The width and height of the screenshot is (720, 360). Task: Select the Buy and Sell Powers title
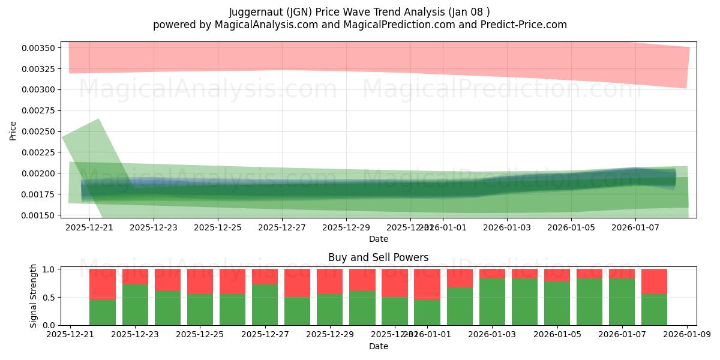(x=378, y=257)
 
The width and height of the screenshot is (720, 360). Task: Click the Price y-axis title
(x=13, y=131)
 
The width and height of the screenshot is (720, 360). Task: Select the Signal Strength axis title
(x=34, y=295)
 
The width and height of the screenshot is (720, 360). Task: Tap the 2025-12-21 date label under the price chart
(x=89, y=227)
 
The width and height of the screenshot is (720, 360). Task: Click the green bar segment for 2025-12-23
(x=135, y=305)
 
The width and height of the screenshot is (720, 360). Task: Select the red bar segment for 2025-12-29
(x=329, y=281)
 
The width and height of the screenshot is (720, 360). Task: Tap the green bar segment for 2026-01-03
(x=492, y=302)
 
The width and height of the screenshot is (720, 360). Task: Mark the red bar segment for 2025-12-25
(x=200, y=281)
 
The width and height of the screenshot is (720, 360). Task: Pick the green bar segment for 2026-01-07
(x=622, y=302)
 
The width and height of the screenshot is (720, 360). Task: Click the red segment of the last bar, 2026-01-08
(x=654, y=281)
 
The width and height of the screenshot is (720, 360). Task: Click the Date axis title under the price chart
(x=378, y=239)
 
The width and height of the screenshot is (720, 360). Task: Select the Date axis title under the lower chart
(x=378, y=346)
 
